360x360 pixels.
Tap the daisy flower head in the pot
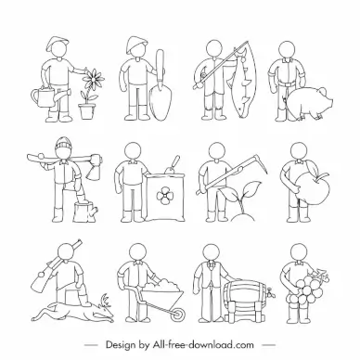[93, 77]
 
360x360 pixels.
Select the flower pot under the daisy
[85, 111]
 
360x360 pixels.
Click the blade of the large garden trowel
[160, 103]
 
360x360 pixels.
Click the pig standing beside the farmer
[306, 102]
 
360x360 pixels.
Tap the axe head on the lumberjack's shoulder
[94, 169]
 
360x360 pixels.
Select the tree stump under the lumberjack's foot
[85, 212]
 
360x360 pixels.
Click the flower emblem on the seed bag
[163, 195]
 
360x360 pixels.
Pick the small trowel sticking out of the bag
[173, 165]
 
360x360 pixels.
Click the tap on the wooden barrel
[271, 292]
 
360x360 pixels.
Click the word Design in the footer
[121, 345]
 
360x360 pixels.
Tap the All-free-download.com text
[202, 344]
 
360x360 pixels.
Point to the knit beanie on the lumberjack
[64, 143]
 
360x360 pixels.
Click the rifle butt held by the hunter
[40, 281]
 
